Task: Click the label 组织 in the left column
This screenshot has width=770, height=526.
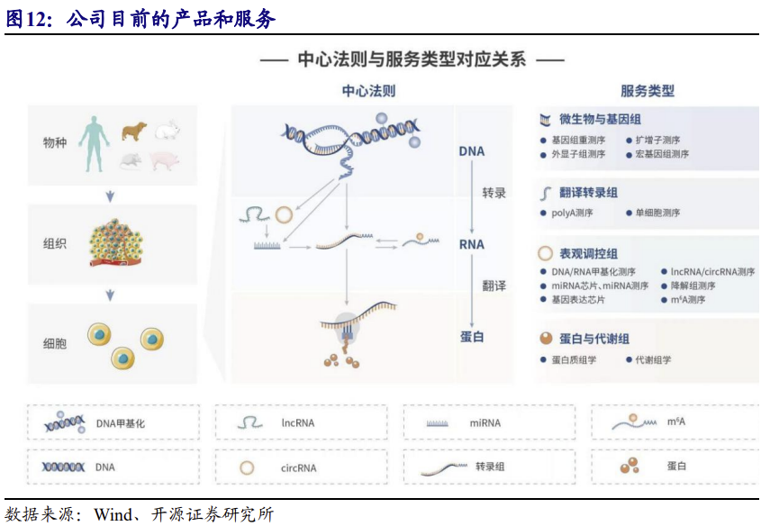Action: pyautogui.click(x=55, y=243)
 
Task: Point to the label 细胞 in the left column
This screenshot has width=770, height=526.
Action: pyautogui.click(x=55, y=344)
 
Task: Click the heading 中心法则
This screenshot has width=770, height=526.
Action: pyautogui.click(x=368, y=91)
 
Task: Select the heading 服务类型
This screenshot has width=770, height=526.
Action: pyautogui.click(x=648, y=91)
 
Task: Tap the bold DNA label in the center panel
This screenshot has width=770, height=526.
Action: pyautogui.click(x=471, y=151)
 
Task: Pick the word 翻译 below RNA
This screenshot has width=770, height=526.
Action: pyautogui.click(x=494, y=286)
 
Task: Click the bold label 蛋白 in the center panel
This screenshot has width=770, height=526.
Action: pyautogui.click(x=472, y=336)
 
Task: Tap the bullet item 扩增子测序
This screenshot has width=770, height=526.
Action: pyautogui.click(x=657, y=141)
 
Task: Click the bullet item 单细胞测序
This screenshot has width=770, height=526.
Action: pyautogui.click(x=657, y=213)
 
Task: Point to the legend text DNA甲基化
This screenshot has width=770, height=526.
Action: pyautogui.click(x=121, y=422)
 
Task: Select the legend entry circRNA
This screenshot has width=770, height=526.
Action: pyautogui.click(x=299, y=467)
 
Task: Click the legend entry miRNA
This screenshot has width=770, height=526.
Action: pyautogui.click(x=485, y=422)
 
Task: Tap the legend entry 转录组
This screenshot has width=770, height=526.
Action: pyautogui.click(x=490, y=467)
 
